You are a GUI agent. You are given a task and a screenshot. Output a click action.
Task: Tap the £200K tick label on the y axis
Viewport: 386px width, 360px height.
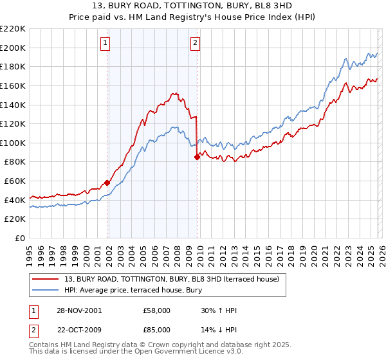(x=13, y=48)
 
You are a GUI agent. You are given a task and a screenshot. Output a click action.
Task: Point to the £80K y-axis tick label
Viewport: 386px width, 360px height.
(x=15, y=162)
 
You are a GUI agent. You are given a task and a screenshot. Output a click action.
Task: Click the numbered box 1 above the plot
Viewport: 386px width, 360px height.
(x=106, y=43)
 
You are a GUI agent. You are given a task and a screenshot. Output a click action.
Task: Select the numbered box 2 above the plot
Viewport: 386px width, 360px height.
(x=194, y=43)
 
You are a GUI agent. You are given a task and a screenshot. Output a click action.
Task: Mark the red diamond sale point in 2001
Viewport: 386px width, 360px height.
(x=107, y=183)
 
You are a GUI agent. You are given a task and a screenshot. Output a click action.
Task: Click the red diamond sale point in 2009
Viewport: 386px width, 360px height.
(x=197, y=157)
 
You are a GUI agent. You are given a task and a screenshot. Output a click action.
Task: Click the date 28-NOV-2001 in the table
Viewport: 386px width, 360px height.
(x=80, y=310)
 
